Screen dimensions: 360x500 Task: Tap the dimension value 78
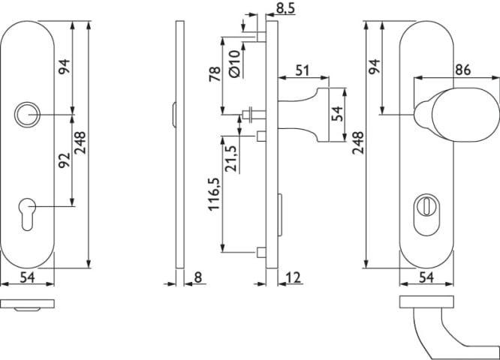pos(213,75)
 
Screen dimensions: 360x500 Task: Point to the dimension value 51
pos(303,70)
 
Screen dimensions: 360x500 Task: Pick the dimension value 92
pos(64,160)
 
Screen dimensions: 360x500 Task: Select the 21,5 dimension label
pos(233,158)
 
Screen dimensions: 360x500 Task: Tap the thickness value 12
pos(294,277)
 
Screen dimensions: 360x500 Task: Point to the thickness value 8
pos(197,277)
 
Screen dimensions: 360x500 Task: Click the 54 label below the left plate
pos(26,277)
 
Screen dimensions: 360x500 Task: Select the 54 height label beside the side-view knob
pos(338,113)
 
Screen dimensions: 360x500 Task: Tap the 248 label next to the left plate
pos(81,142)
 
